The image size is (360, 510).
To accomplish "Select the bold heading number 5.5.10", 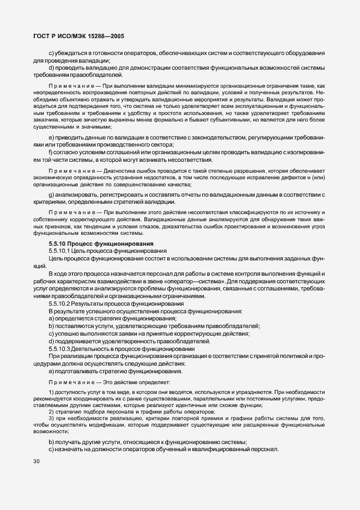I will click(x=59, y=243).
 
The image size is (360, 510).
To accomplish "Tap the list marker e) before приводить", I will click(x=51, y=137).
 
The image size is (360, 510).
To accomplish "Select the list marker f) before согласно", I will click(x=50, y=152).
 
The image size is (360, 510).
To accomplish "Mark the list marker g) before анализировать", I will click(x=51, y=194).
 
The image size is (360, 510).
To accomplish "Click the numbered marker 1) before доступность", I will click(x=51, y=393).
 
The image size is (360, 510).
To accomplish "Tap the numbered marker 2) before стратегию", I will click(x=51, y=412).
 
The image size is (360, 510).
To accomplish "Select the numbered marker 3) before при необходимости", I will click(x=51, y=418).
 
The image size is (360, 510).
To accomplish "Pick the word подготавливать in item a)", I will click(x=76, y=371).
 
